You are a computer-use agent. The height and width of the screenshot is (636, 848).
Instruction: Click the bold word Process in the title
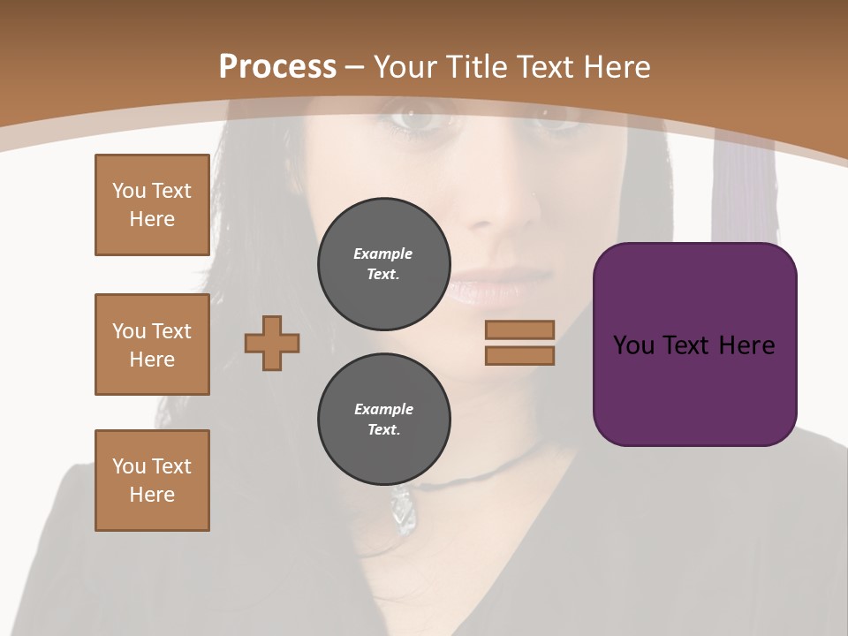[x=277, y=67]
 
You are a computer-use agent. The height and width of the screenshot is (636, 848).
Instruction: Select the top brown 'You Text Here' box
[x=152, y=205]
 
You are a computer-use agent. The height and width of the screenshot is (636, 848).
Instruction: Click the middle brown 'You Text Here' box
[x=152, y=344]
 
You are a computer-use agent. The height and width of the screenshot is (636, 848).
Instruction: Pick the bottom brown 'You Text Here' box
[x=152, y=481]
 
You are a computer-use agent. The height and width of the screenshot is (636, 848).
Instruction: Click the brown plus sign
[x=272, y=343]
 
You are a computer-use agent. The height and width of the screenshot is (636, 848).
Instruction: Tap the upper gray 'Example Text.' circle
[x=383, y=264]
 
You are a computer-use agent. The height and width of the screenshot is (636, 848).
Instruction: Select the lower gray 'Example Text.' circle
[x=383, y=420]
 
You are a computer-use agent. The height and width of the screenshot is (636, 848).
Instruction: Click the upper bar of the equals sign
[x=519, y=329]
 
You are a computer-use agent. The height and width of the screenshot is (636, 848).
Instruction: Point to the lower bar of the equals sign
[x=519, y=355]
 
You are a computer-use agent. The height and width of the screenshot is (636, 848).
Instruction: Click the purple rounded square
[x=694, y=344]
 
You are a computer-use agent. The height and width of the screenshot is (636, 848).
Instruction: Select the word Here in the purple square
[x=746, y=345]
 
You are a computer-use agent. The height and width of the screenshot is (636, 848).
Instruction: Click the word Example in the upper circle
[x=383, y=254]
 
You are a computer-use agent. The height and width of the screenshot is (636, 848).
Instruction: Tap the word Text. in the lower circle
[x=383, y=430]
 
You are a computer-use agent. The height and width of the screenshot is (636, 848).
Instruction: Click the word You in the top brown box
[x=129, y=191]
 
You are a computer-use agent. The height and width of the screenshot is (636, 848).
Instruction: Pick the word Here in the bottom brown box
[x=152, y=495]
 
